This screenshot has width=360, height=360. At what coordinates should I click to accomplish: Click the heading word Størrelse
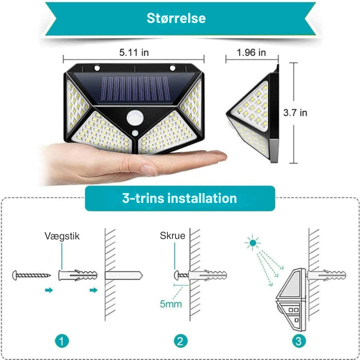pyautogui.click(x=176, y=18)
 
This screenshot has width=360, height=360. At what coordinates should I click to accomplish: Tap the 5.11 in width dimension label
pyautogui.click(x=134, y=53)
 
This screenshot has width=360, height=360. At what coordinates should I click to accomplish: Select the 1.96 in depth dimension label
pyautogui.click(x=252, y=53)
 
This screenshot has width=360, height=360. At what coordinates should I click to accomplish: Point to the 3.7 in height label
pyautogui.click(x=295, y=113)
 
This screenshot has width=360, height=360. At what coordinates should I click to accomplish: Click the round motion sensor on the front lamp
pyautogui.click(x=135, y=118)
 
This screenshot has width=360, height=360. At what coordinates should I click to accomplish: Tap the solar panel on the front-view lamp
pyautogui.click(x=135, y=88)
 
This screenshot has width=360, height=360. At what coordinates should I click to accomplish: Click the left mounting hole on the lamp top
pyautogui.click(x=97, y=68)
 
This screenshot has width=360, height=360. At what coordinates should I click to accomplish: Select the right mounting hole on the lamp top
pyautogui.click(x=172, y=68)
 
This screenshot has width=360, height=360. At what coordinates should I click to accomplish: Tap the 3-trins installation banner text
pyautogui.click(x=180, y=198)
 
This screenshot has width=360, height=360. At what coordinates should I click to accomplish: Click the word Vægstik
pyautogui.click(x=62, y=236)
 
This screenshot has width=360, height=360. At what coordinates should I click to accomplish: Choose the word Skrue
pyautogui.click(x=172, y=235)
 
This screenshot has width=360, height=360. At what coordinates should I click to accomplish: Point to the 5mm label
pyautogui.click(x=171, y=304)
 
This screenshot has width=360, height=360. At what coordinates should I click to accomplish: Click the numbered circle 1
pyautogui.click(x=62, y=341)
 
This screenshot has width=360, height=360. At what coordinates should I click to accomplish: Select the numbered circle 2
pyautogui.click(x=181, y=341)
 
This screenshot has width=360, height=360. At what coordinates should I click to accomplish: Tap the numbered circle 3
pyautogui.click(x=299, y=341)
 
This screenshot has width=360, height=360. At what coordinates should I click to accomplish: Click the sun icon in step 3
pyautogui.click(x=253, y=243)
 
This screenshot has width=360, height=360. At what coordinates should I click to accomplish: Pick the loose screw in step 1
pyautogui.click(x=31, y=275)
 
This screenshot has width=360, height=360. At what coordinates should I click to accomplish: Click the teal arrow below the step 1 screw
pyautogui.click(x=49, y=290)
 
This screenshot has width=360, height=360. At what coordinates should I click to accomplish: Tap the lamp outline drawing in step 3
pyautogui.click(x=291, y=300)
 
